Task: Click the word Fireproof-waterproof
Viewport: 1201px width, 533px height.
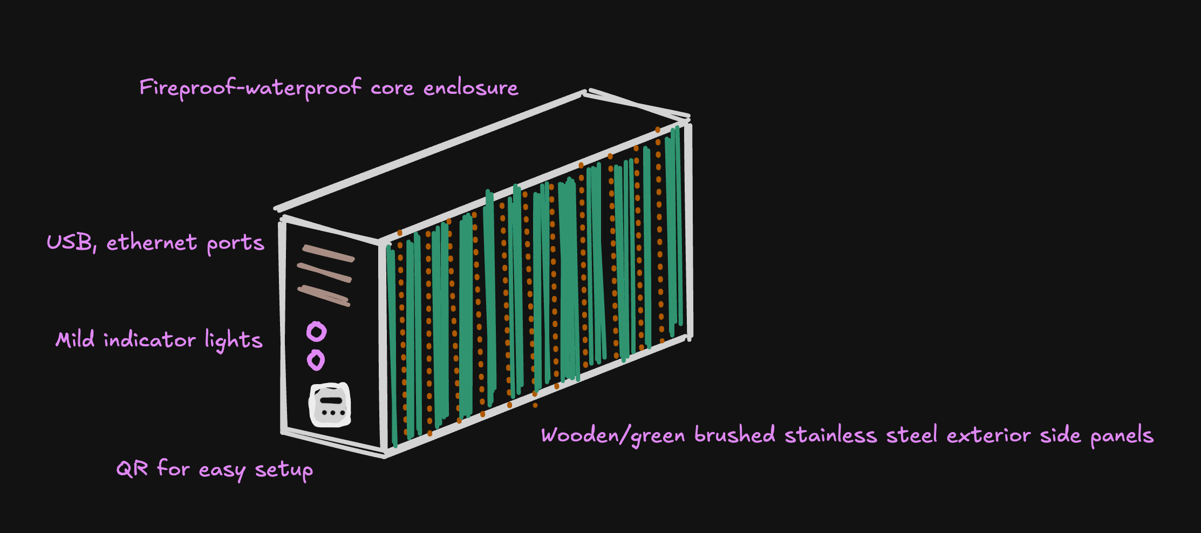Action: coord(250,88)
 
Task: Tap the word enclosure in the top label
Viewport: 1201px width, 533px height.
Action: coord(470,88)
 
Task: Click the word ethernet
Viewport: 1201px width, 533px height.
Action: coord(152,243)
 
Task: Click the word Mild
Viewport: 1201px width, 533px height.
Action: coord(75,340)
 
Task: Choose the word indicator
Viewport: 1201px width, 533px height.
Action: coord(149,340)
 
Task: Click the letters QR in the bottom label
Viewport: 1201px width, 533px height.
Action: coord(132,469)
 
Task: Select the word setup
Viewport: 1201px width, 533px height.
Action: coord(284,470)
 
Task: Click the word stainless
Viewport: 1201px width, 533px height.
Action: coord(830,435)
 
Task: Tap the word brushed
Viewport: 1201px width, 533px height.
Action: coord(735,435)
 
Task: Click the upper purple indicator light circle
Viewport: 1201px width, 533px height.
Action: coord(317,331)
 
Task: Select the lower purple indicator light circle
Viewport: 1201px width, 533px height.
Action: coord(316,360)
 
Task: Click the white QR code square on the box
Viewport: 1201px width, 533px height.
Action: coord(330,405)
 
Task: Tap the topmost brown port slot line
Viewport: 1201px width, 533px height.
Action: coord(329,253)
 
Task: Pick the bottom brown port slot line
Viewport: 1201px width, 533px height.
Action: coord(324,296)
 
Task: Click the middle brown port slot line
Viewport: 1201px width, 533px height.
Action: coord(324,272)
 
